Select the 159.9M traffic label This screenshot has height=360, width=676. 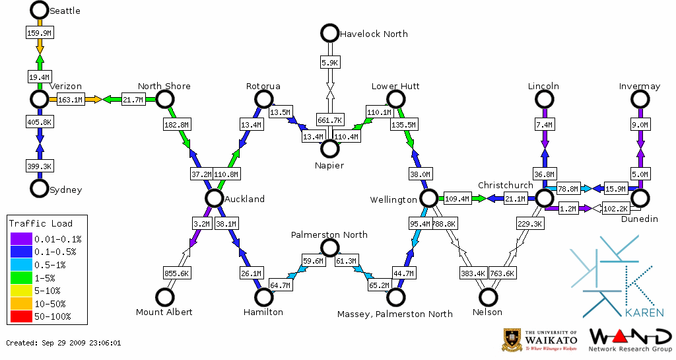39,32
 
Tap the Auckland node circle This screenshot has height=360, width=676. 213,198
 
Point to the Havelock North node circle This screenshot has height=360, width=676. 329,33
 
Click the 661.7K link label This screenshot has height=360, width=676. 329,120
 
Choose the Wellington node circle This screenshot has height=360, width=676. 429,198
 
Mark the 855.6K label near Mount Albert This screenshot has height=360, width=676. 177,273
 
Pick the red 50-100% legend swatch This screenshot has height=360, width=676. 20,317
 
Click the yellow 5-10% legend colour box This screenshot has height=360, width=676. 20,291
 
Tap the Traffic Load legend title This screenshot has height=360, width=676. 41,223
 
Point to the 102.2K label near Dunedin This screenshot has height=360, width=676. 616,209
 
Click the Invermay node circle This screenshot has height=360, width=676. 640,99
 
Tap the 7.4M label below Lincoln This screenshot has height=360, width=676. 545,125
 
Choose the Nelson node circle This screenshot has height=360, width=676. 489,297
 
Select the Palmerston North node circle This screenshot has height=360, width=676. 329,248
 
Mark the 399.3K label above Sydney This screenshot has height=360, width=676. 40,166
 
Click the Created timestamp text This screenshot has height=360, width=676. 63,343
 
